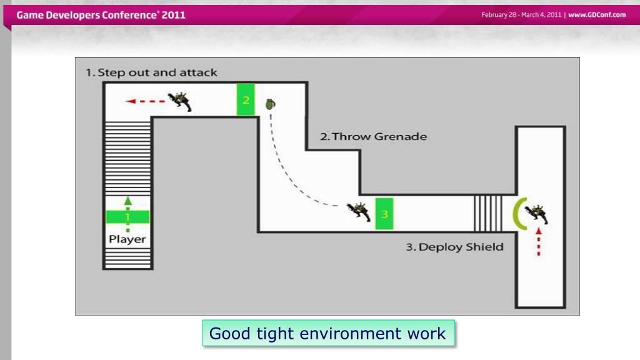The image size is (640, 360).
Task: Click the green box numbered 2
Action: point(246,99)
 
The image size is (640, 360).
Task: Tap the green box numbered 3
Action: point(384,214)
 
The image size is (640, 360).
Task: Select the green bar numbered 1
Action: point(127,217)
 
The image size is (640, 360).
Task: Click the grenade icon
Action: point(270,104)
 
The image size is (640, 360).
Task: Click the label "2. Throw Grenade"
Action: point(374,136)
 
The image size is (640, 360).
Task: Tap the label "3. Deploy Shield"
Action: point(454,247)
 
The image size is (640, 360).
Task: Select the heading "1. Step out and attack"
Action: point(151,72)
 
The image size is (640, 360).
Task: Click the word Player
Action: point(127,239)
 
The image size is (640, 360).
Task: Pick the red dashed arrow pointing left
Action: point(145,101)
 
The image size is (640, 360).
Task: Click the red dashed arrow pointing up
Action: point(539,242)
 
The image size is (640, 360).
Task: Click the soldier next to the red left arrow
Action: point(180,101)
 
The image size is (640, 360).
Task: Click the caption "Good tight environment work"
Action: point(328,333)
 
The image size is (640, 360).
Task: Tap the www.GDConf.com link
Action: point(597,15)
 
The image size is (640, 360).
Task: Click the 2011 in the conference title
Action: point(174,15)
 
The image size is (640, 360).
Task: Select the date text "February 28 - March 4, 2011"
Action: point(521,15)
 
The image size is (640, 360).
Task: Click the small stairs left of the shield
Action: point(488,213)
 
